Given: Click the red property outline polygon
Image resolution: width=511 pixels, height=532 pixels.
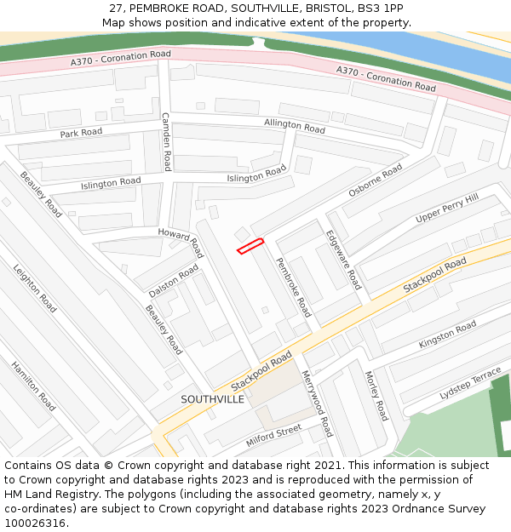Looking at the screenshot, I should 250,246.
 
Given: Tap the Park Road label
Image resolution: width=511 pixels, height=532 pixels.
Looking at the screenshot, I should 81,133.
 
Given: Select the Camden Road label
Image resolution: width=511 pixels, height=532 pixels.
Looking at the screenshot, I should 167,141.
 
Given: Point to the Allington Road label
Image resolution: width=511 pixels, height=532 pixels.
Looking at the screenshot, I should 295,125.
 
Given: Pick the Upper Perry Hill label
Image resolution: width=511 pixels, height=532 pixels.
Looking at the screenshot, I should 447,209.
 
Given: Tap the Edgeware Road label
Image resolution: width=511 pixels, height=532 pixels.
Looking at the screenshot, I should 344,260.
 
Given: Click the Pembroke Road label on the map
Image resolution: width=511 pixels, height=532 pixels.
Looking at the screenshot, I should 294,288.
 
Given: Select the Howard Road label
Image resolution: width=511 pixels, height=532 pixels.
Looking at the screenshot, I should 181,243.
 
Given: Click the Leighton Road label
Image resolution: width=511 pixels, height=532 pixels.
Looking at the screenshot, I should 35,288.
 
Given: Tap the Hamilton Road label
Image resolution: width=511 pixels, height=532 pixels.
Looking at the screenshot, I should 33,386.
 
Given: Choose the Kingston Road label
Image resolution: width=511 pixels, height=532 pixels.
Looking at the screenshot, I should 448,335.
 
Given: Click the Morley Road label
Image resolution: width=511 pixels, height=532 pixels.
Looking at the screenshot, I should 376,396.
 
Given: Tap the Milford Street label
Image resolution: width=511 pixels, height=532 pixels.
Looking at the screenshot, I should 274,435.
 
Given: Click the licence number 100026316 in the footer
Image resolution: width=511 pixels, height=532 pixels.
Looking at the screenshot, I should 35,523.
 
